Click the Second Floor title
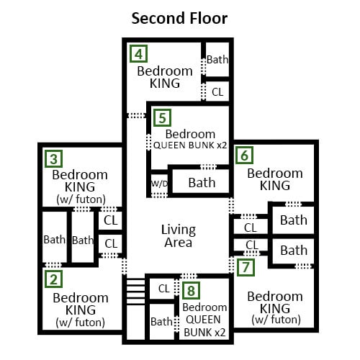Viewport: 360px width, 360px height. click(179, 19)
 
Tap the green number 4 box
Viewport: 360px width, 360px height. click(138, 54)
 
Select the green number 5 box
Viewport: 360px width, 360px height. click(162, 117)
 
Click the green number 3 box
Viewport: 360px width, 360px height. click(54, 159)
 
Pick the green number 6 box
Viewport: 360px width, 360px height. click(244, 156)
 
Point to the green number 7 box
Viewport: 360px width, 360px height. click(246, 267)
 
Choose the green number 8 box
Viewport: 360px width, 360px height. click(191, 290)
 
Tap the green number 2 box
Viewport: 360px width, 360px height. click(54, 279)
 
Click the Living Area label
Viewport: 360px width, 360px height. click(179, 236)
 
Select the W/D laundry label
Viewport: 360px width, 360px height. click(159, 184)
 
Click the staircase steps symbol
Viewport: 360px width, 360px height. click(136, 292)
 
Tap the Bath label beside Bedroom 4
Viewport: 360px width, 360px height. click(217, 60)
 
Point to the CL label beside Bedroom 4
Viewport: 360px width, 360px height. click(217, 92)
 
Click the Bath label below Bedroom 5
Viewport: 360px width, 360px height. click(202, 183)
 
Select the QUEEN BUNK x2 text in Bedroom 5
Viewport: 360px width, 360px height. click(190, 145)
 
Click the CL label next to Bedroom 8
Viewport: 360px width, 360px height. click(164, 289)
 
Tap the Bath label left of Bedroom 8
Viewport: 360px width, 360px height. click(161, 322)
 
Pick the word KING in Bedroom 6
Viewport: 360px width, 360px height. click(275, 186)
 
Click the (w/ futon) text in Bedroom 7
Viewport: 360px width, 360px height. click(276, 320)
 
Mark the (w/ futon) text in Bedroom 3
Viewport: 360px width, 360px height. click(81, 199)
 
